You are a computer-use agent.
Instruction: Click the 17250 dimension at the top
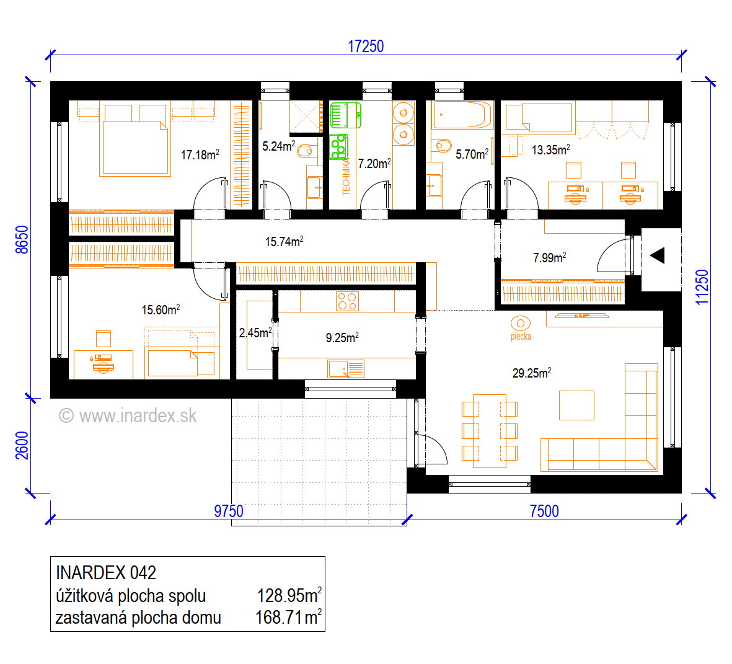[x=366, y=46]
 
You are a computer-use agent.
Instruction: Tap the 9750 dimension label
[x=229, y=511]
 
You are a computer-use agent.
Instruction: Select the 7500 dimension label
[x=544, y=511]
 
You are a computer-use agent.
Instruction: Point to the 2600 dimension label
[x=22, y=445]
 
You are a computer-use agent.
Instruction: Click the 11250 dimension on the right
[x=702, y=287]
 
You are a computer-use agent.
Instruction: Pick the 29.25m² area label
[x=532, y=373]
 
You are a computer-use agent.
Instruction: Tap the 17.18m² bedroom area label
[x=200, y=154]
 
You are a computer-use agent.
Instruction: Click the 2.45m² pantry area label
[x=255, y=332]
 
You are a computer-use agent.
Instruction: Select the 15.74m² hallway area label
[x=284, y=241]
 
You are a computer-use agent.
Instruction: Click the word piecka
[x=521, y=336]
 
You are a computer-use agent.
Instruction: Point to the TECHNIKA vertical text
[x=346, y=177]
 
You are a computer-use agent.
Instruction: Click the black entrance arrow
[x=657, y=255]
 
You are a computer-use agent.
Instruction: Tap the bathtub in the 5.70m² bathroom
[x=462, y=115]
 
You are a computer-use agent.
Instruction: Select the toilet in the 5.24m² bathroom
[x=306, y=151]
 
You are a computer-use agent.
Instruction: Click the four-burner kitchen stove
[x=347, y=301]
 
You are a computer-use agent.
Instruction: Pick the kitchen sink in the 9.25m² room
[x=346, y=369]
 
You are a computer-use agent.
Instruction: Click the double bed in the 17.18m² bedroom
[x=134, y=141]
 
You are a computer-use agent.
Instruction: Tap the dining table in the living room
[x=490, y=431]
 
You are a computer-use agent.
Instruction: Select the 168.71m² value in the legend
[x=288, y=617]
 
